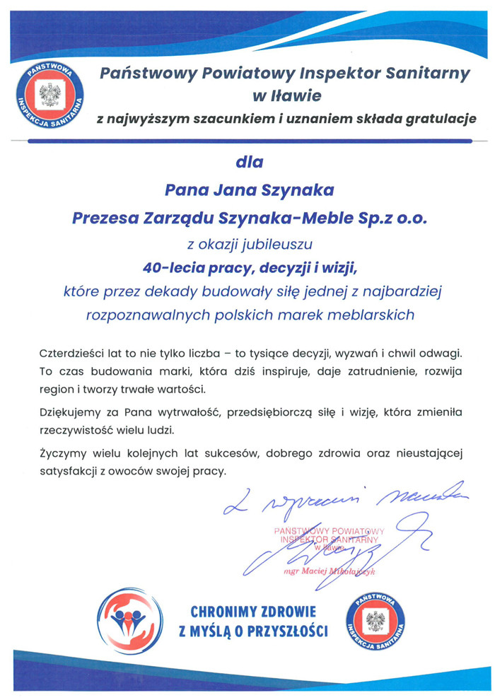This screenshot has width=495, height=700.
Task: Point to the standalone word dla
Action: pyautogui.click(x=248, y=162)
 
